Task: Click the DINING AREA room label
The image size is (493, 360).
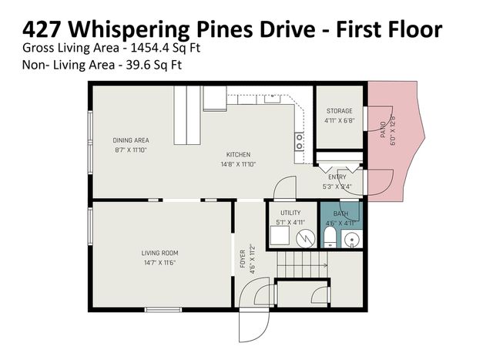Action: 130,140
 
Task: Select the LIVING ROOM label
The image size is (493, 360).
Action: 159,253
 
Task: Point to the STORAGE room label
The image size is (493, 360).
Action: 339,111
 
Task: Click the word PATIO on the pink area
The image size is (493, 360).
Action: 383,128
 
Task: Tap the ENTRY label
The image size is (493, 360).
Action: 337,177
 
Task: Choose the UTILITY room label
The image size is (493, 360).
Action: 290,213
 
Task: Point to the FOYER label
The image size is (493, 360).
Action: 243,256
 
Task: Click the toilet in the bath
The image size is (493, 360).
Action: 330,237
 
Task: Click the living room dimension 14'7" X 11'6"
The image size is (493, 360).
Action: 159,263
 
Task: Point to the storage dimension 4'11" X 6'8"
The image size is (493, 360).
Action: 339,120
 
